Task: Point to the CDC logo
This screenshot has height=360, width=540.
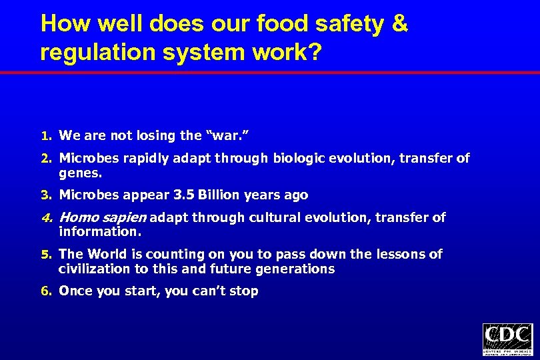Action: tap(507, 339)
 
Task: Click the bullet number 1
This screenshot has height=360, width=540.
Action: tap(45, 136)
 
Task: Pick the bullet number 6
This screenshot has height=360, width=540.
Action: tap(45, 291)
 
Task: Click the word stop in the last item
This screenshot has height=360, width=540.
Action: tap(244, 291)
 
